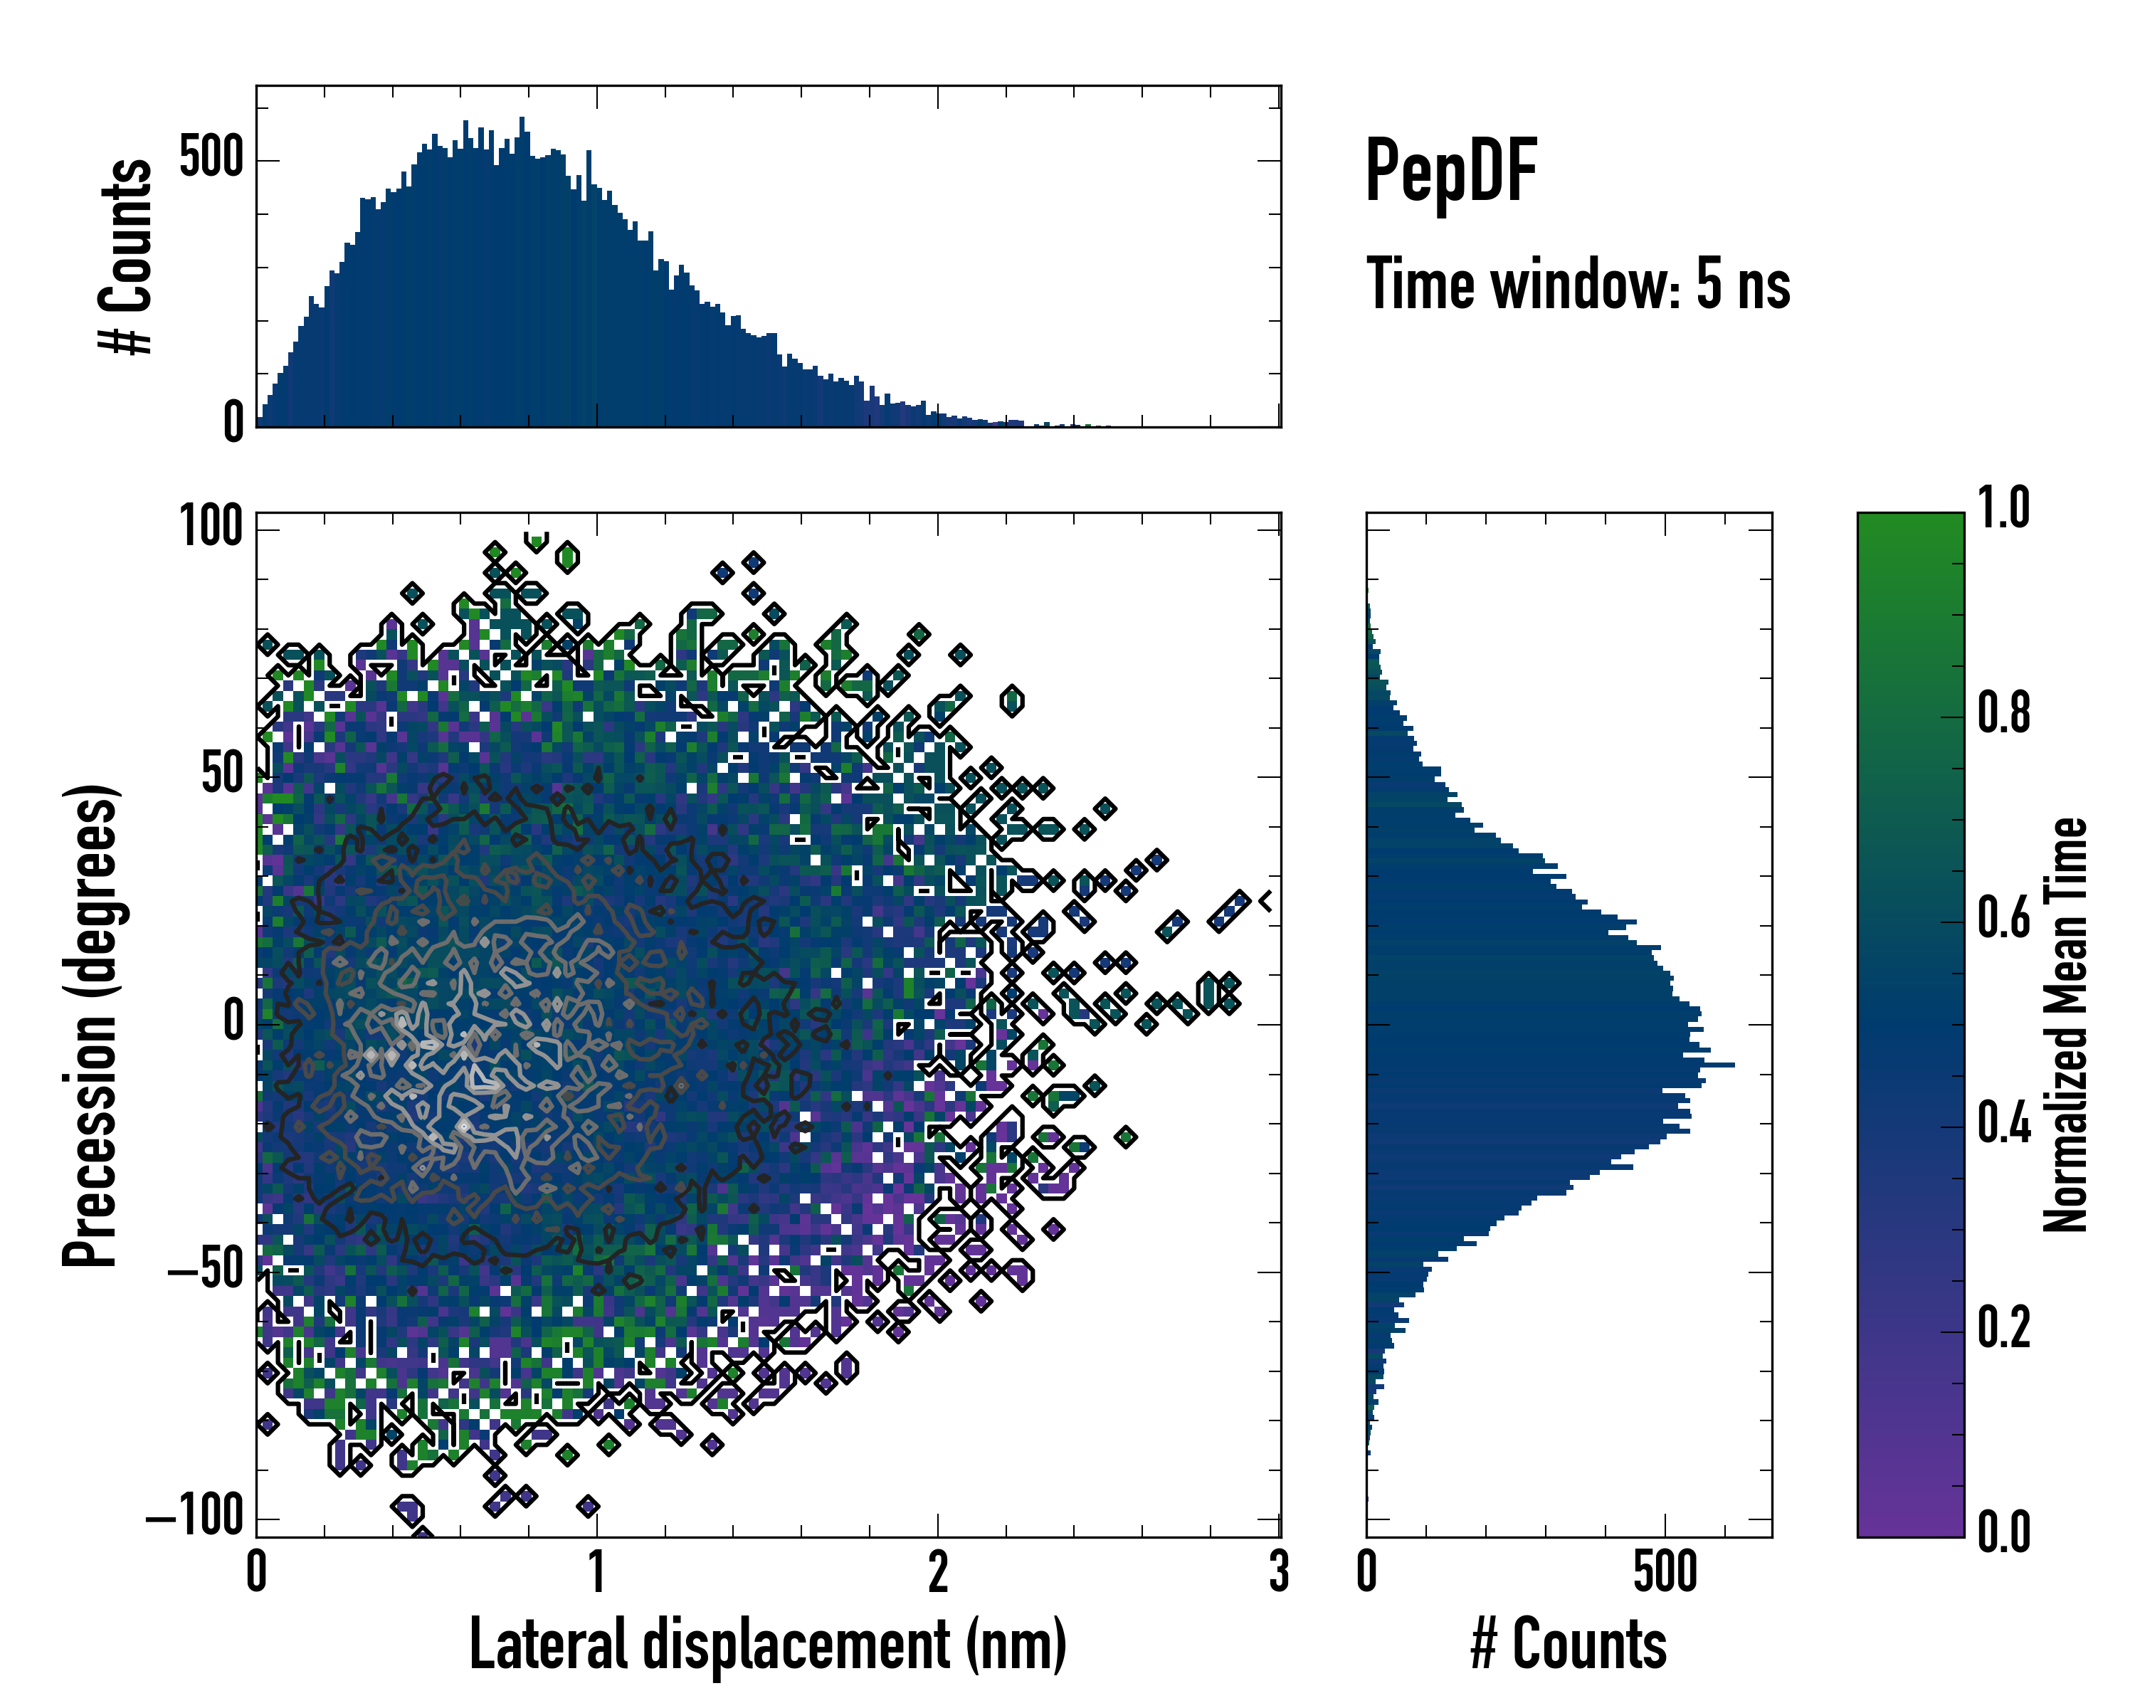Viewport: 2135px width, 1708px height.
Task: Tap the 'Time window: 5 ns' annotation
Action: click(x=1578, y=284)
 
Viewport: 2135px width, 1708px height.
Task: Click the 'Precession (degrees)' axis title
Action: click(x=91, y=1025)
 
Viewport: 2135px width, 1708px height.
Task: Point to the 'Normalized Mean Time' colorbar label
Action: click(x=2066, y=1025)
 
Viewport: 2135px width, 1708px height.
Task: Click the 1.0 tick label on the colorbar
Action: click(x=2003, y=508)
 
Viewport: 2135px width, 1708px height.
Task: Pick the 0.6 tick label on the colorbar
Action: click(x=2003, y=918)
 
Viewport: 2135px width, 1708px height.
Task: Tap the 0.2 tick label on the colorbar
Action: click(x=2003, y=1328)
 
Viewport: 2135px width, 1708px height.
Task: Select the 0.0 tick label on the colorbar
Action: click(x=2003, y=1532)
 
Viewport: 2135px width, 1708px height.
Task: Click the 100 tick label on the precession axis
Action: click(x=211, y=527)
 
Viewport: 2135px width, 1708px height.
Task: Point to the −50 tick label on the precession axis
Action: click(x=205, y=1270)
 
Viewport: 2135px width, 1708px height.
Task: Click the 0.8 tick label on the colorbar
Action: click(x=2003, y=713)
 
